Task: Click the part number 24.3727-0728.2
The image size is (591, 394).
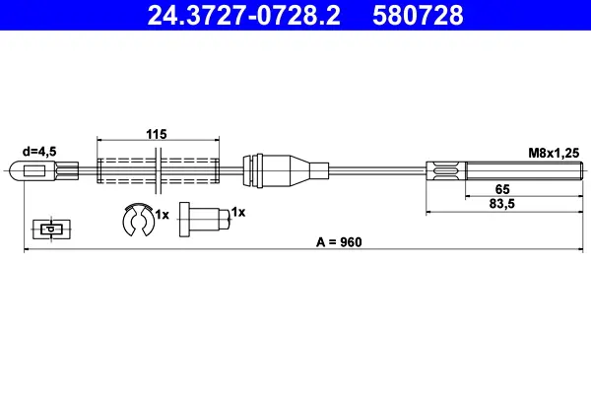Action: coord(243,16)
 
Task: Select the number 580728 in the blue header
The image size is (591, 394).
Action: coord(418,16)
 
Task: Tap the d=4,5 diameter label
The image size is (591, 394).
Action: coord(39,152)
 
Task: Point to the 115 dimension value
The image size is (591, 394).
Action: coord(157,134)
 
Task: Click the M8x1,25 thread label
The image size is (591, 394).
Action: coord(554,153)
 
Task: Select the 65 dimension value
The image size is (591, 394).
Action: coord(502,189)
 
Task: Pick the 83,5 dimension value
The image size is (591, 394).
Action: coord(502,204)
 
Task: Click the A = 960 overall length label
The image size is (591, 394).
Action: coord(339,242)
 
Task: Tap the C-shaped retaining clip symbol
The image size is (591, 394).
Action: coord(138,220)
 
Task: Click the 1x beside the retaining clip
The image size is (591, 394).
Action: coord(163,215)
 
